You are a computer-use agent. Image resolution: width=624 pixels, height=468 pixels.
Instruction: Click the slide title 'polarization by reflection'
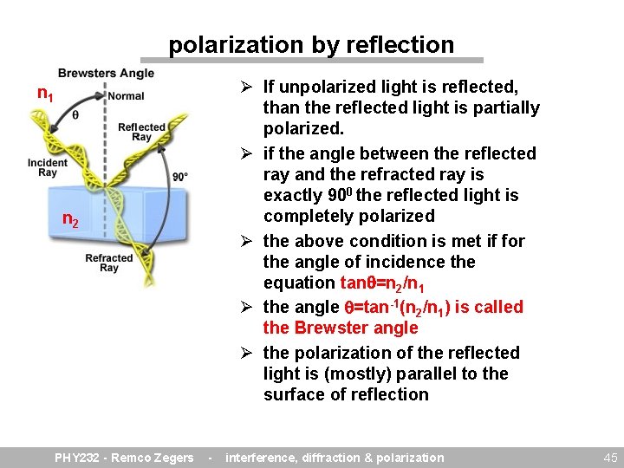click(x=311, y=44)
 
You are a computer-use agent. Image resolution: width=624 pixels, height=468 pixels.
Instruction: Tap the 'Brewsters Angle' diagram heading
click(x=106, y=74)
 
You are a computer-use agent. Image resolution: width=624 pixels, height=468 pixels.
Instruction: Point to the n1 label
click(x=45, y=93)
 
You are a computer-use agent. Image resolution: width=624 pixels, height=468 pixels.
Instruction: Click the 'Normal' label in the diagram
click(x=127, y=95)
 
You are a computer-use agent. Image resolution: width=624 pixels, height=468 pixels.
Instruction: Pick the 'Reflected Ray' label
click(x=141, y=132)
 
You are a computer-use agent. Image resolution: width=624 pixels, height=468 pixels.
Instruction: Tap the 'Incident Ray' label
click(x=47, y=167)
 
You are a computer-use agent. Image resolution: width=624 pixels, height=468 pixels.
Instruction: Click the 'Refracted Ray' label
click(x=109, y=263)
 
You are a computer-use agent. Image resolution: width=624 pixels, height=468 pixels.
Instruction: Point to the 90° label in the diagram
click(x=180, y=177)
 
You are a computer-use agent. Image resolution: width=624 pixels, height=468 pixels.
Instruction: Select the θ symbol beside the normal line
click(x=75, y=114)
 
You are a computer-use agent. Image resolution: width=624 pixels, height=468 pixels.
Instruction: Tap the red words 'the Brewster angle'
click(x=341, y=328)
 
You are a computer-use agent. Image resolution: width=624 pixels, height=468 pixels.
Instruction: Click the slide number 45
click(x=610, y=458)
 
